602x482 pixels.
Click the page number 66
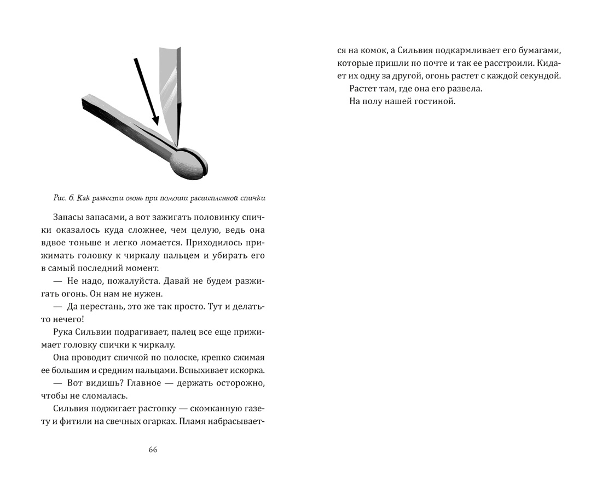tap(153, 450)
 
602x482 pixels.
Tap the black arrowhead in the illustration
tap(154, 121)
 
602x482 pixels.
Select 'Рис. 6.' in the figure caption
tap(65, 197)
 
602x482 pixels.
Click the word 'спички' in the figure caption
tap(260, 197)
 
